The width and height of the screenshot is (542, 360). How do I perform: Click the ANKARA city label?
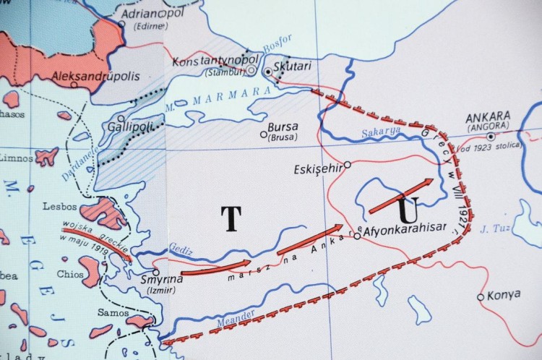coord(488,116)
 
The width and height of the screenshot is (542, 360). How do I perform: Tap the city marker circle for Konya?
coord(481,296)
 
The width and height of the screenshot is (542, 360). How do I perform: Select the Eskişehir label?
coord(317,171)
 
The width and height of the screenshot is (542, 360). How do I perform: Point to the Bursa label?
coord(283,125)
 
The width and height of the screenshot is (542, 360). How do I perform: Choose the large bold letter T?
coord(231,218)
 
